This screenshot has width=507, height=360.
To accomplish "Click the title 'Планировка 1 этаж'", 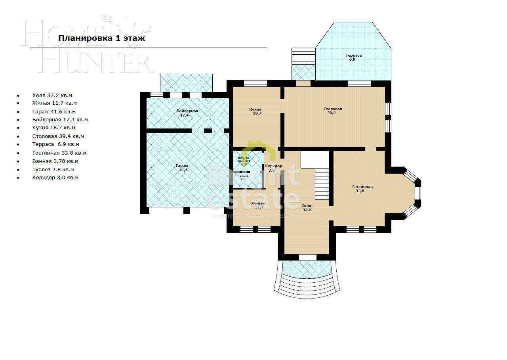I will (x=102, y=38).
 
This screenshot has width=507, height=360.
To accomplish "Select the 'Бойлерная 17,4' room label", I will (x=187, y=113).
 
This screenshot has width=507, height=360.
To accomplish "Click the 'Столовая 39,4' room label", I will (x=333, y=111).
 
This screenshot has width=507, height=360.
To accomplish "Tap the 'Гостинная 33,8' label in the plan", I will (x=362, y=189).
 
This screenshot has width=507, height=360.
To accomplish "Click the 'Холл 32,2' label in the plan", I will (x=306, y=208).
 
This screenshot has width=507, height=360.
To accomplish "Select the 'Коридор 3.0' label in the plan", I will (x=273, y=168).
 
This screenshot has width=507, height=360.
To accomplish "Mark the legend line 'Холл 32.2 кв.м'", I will (x=52, y=96).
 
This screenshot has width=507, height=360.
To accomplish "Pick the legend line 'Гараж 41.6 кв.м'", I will (x=54, y=112).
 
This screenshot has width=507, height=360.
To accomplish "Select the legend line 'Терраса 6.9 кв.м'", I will (x=56, y=144).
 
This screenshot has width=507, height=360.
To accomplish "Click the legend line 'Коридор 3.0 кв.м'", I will (x=55, y=178).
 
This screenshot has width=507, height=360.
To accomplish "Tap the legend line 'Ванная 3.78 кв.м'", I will (x=55, y=161).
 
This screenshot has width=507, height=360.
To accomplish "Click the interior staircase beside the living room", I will (x=322, y=184).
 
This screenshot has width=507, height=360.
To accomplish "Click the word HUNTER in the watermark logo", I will (x=95, y=63).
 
